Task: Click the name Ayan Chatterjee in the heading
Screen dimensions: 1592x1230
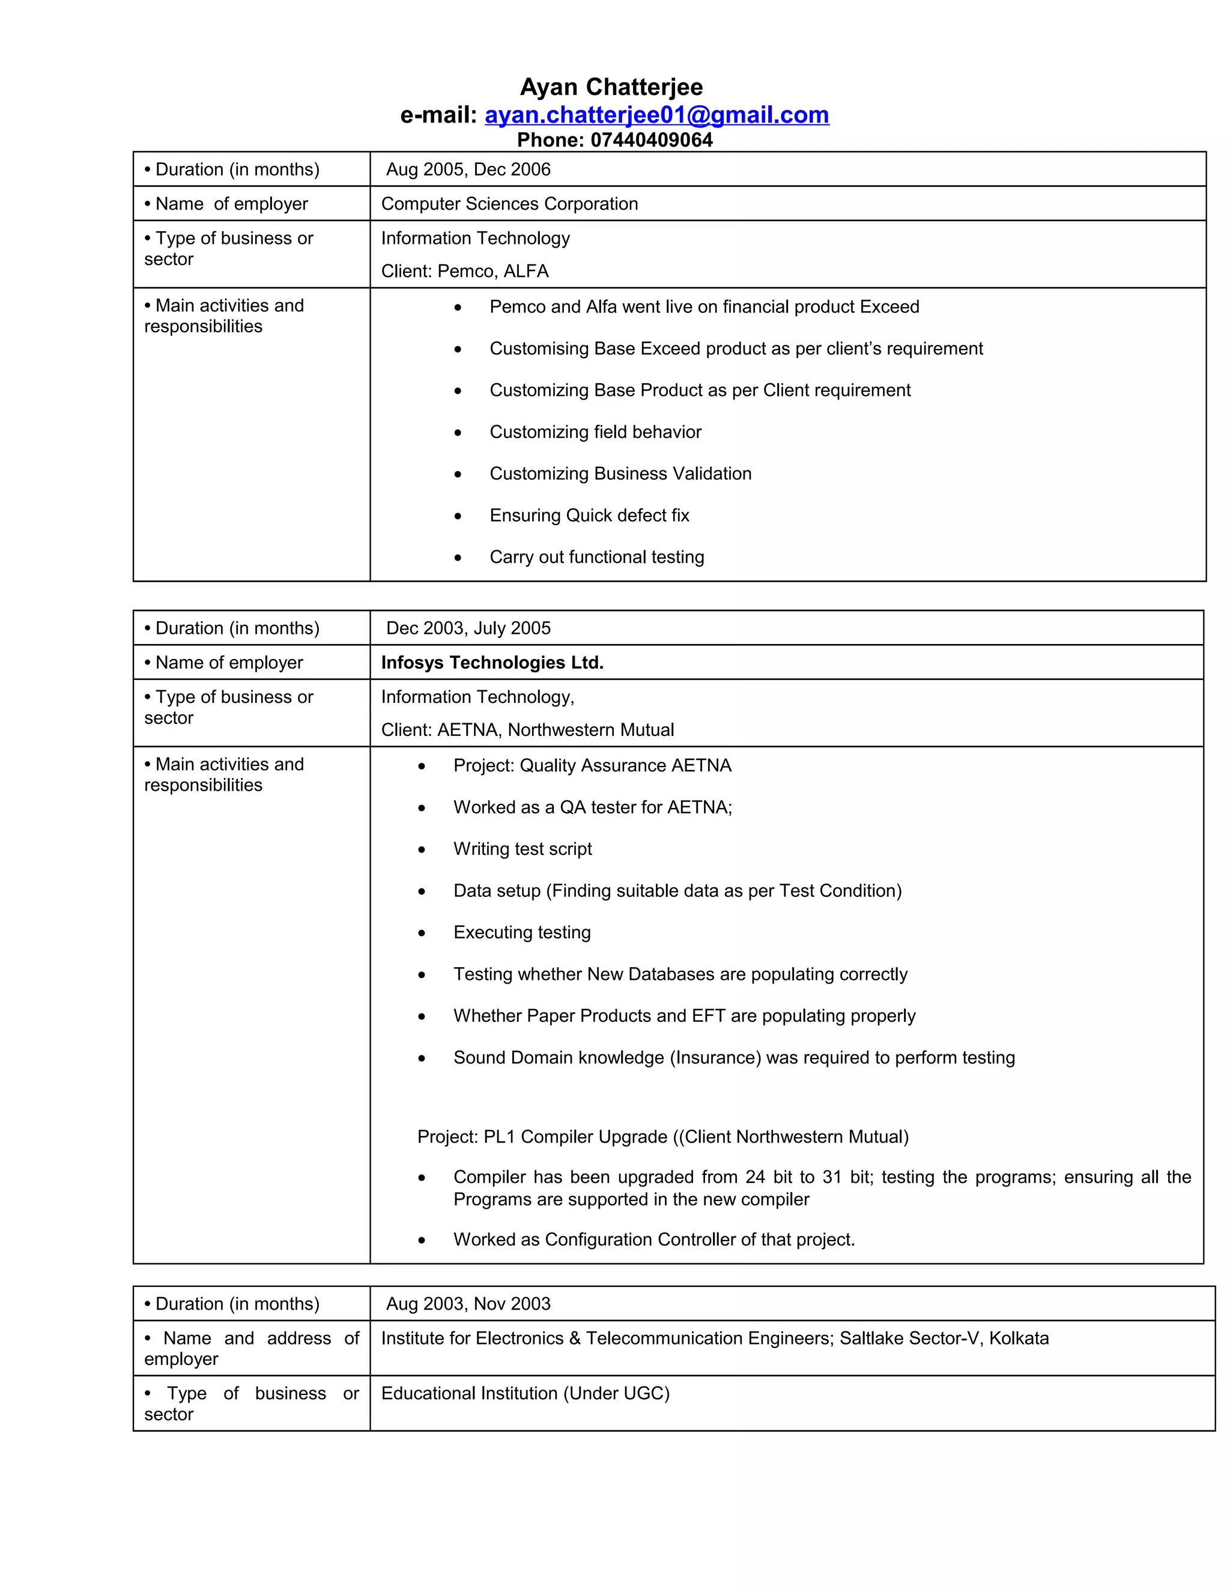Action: point(611,88)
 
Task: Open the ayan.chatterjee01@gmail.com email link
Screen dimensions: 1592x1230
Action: point(656,115)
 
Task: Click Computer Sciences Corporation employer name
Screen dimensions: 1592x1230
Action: point(509,204)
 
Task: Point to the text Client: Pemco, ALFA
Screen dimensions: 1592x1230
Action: point(464,271)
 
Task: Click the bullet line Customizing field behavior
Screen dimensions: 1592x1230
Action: point(595,433)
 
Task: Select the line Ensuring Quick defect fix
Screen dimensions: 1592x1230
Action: point(589,515)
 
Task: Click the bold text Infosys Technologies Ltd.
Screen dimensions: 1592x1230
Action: point(492,663)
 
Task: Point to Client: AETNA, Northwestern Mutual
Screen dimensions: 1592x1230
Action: point(527,730)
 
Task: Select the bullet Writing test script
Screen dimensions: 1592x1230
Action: point(522,849)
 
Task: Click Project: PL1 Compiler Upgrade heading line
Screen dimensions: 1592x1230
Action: point(662,1137)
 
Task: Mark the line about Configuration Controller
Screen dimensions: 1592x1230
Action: point(653,1240)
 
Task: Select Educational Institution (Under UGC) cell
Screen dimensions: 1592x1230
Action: point(525,1394)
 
